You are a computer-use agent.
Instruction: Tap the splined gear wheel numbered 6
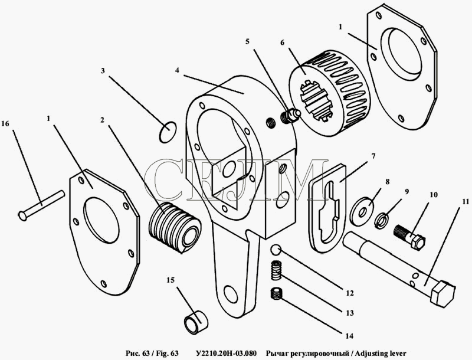tap(330, 92)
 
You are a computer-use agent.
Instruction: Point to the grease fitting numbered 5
tap(290, 116)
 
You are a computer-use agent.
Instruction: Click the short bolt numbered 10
tap(409, 237)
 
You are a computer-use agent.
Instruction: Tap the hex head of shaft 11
tap(442, 293)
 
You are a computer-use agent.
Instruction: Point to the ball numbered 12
tap(276, 250)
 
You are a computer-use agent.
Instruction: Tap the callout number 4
tap(177, 70)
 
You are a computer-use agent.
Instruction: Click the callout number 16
tap(5, 123)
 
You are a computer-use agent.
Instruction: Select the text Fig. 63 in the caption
tap(168, 353)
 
